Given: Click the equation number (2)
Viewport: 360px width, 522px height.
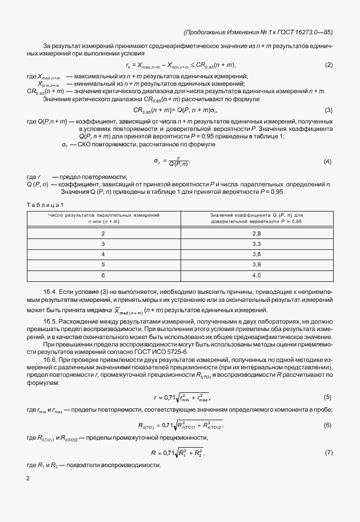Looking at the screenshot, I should pyautogui.click(x=329, y=65).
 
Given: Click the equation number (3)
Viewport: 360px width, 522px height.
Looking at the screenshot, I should pyautogui.click(x=329, y=110).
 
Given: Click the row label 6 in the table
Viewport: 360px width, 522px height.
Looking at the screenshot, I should pyautogui.click(x=103, y=275).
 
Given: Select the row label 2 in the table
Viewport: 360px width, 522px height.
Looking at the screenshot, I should pyautogui.click(x=103, y=234).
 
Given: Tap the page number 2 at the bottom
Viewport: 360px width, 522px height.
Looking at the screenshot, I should pyautogui.click(x=28, y=478).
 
